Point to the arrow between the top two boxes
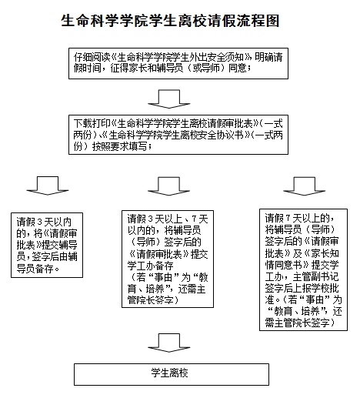[168, 97]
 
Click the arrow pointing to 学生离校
[168, 341]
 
